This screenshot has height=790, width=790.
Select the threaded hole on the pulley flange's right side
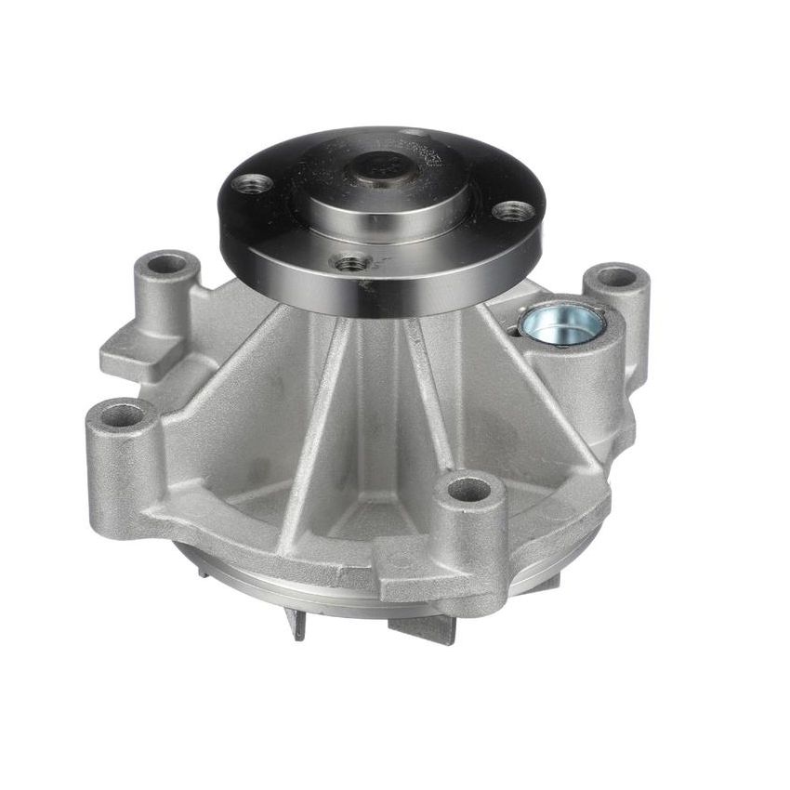[512, 211]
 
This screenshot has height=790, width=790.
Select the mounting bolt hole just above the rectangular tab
[167, 264]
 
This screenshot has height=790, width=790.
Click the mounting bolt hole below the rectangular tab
[121, 415]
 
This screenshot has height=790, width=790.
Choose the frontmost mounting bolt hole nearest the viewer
[468, 489]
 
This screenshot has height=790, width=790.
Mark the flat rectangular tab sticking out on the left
[130, 353]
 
